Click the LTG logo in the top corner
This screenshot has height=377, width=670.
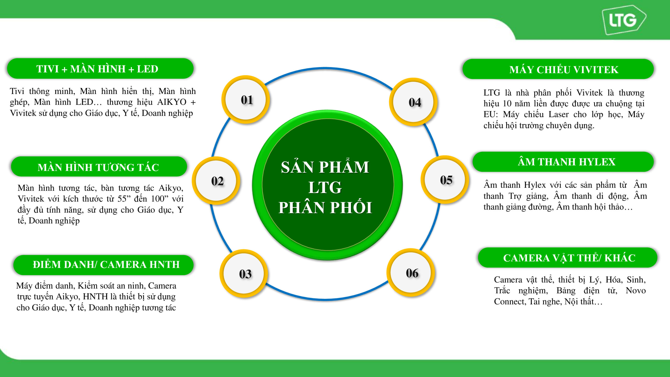[x=624, y=20]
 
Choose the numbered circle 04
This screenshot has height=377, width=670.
[x=414, y=102]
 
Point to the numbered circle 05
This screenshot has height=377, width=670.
[x=445, y=180]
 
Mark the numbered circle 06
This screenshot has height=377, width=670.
[x=411, y=273]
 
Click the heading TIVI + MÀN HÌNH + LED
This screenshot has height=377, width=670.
[x=97, y=69]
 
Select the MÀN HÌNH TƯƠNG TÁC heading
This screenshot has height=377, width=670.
[x=98, y=167]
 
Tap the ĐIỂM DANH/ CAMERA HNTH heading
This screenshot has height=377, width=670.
[x=106, y=264]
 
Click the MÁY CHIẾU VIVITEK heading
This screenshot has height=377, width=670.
[x=564, y=69]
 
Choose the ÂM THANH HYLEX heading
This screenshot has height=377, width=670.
[x=566, y=162]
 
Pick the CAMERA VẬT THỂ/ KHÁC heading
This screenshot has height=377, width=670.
[x=569, y=258]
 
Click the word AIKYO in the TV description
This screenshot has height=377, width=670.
[x=172, y=102]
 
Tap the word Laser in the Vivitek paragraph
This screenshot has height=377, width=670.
[x=559, y=114]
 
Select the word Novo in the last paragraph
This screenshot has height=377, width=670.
[x=636, y=290]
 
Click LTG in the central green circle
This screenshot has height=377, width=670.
[x=325, y=187]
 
